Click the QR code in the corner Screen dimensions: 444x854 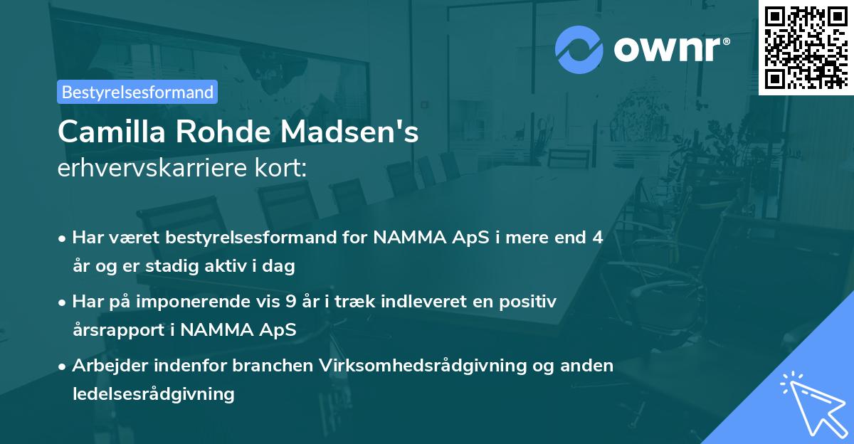click(806, 47)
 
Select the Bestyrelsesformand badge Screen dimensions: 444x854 click(137, 92)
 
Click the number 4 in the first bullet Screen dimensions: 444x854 click(598, 238)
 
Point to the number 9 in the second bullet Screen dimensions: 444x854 click(290, 302)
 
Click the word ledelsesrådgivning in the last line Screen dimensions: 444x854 click(153, 393)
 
